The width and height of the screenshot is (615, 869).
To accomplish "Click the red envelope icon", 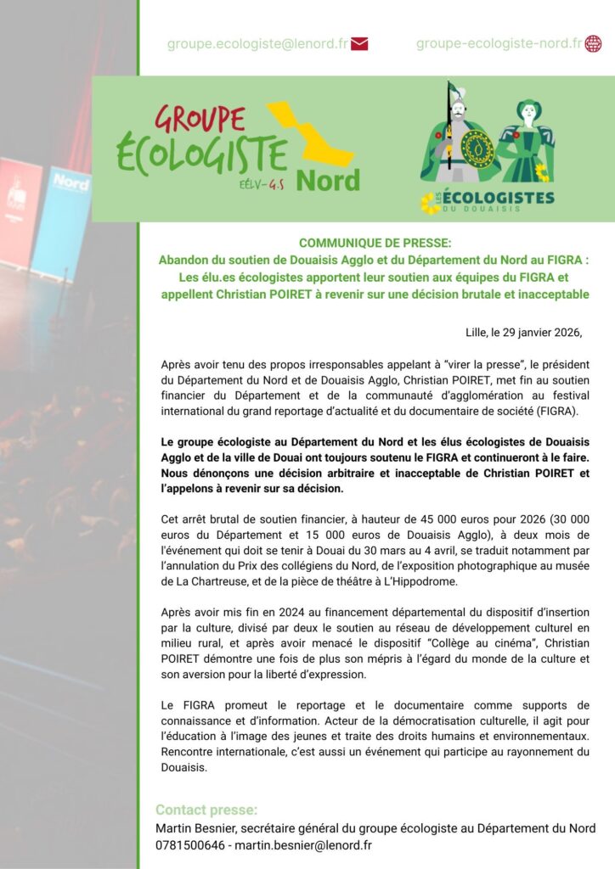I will (358, 44).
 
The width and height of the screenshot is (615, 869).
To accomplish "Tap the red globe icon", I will (593, 44).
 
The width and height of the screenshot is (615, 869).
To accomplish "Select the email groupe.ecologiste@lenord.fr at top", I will (257, 44).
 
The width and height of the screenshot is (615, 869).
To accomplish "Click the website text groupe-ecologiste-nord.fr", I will (499, 44).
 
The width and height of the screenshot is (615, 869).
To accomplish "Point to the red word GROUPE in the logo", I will (200, 120).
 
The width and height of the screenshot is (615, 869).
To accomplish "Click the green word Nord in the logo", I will (328, 180).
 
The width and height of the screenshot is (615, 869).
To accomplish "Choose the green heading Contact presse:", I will (206, 810).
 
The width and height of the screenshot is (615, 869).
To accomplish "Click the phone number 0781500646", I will (191, 845).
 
